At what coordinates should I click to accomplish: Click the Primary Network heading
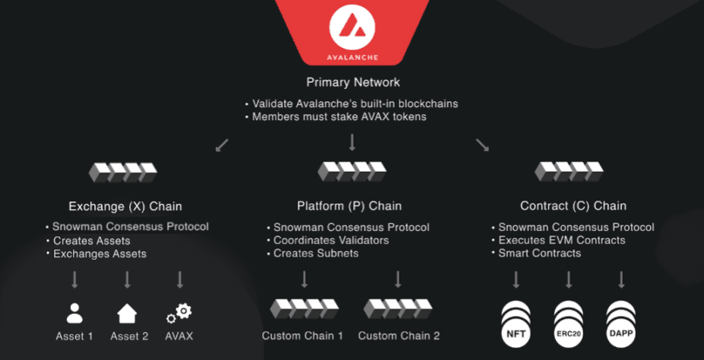point(352,82)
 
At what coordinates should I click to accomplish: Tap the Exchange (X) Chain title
point(125,206)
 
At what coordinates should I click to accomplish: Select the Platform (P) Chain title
point(349,206)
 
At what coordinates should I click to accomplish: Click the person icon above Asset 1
point(74,312)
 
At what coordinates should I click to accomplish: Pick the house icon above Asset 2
point(127,312)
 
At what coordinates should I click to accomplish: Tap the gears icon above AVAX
point(179,312)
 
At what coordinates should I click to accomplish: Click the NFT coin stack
point(516,321)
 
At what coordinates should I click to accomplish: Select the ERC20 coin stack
point(569,321)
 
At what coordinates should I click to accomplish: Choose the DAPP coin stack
point(621,321)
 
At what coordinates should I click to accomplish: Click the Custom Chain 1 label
point(302,335)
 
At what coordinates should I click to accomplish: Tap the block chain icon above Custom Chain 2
point(398,308)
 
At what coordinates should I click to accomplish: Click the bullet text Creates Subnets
point(316,253)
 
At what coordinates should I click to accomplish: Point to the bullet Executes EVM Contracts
point(561,240)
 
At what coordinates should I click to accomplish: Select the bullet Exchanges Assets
point(99,254)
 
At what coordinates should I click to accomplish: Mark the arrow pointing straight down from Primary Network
point(352,143)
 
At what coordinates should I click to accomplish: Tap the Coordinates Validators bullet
point(331,240)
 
